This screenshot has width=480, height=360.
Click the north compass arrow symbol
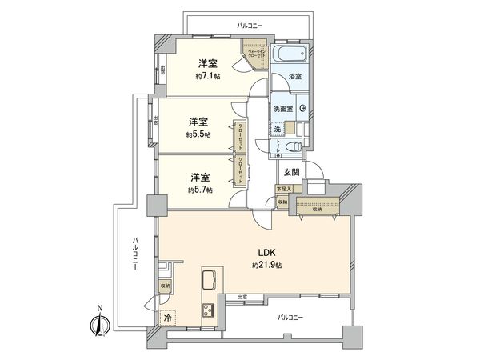coord(98,324)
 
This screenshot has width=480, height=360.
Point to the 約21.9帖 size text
coord(264,265)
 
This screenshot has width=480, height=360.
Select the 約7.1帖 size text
coord(208,76)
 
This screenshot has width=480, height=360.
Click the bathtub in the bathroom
coord(288,57)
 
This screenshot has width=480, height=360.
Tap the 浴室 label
coord(294,78)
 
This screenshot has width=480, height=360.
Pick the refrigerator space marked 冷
coord(167,317)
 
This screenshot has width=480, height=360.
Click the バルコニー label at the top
coord(251,26)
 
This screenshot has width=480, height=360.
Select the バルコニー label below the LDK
coord(292,317)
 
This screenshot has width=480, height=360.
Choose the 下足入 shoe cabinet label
coord(282,190)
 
